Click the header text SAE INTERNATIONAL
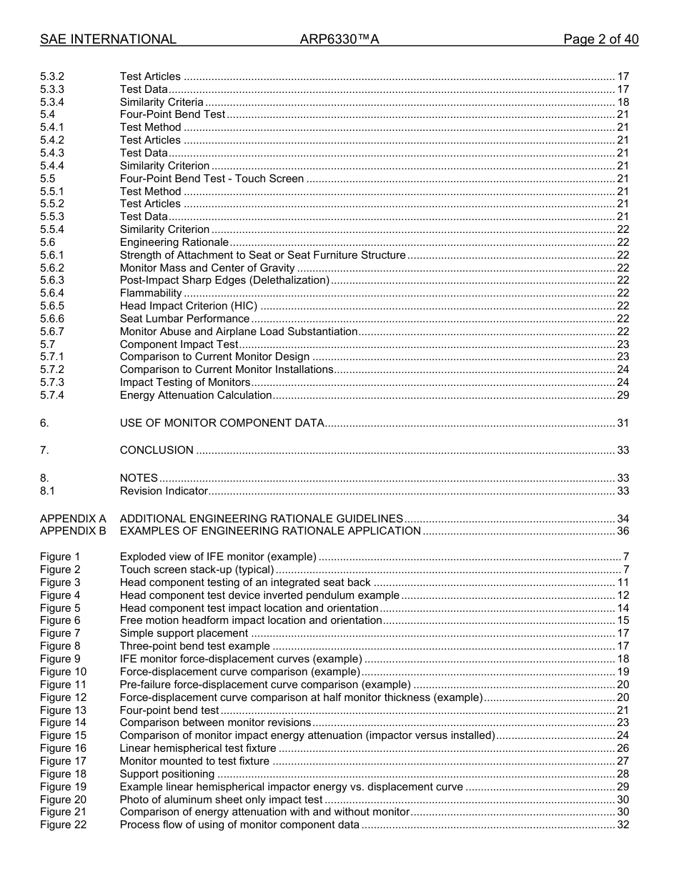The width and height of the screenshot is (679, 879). [x=108, y=39]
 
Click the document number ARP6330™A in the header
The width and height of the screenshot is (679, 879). [x=339, y=39]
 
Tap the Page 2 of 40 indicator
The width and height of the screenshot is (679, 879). [x=600, y=39]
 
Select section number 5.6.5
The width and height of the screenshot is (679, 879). [x=52, y=306]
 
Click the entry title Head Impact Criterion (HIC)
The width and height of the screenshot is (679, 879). [x=189, y=306]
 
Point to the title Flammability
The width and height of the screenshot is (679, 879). [x=151, y=293]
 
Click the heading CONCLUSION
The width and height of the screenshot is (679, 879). [x=157, y=450]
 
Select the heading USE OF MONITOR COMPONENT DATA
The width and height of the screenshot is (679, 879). [x=222, y=423]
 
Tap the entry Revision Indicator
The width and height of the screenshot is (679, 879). [x=164, y=491]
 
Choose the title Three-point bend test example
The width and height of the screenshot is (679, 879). [x=194, y=647]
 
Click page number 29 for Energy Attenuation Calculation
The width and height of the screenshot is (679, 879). [x=623, y=395]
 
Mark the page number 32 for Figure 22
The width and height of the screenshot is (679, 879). [x=623, y=825]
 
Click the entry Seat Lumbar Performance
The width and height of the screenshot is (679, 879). [x=184, y=319]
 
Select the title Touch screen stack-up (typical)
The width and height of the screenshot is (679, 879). [x=197, y=570]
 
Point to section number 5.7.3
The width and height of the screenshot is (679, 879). [x=52, y=382]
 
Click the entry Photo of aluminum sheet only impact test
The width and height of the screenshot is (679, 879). [x=221, y=800]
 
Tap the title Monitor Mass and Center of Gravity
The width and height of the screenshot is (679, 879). [x=207, y=268]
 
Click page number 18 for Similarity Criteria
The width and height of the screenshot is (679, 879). [x=623, y=102]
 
